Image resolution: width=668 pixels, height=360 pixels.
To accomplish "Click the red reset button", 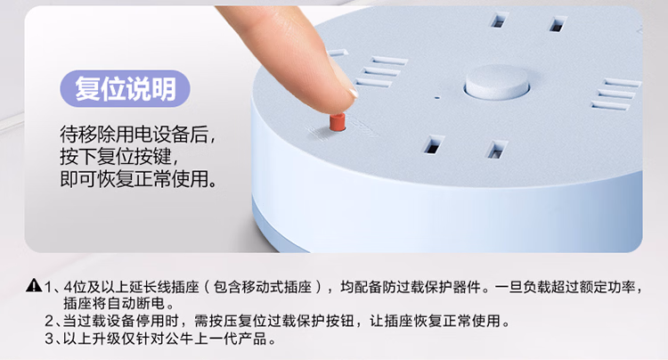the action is (337, 122).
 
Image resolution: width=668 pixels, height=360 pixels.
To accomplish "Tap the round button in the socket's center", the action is (497, 83).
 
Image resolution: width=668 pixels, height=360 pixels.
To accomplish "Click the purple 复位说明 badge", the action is (125, 88).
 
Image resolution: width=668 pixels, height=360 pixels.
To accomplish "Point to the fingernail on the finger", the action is (353, 93).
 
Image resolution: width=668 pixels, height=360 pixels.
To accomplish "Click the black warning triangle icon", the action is (34, 285).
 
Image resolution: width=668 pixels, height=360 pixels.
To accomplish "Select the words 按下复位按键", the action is (116, 156).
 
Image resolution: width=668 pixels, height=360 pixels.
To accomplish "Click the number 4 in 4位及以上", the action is (68, 287).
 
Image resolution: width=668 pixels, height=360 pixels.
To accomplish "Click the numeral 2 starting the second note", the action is (49, 321).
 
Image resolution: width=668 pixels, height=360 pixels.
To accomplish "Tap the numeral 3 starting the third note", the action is (49, 339).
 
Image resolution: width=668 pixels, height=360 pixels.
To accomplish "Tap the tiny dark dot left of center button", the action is (436, 97).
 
